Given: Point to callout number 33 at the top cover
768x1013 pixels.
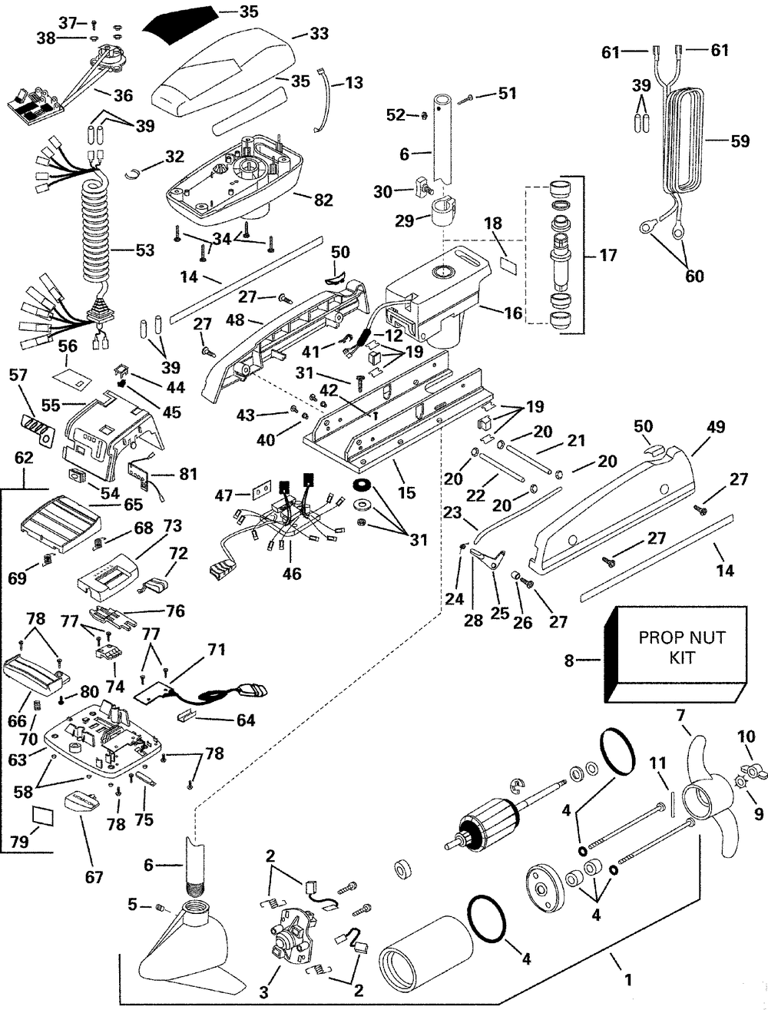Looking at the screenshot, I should coord(319,34).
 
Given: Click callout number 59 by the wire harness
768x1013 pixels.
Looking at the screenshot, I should coord(740,141).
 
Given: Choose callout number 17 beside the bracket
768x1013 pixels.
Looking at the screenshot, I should coord(607,254).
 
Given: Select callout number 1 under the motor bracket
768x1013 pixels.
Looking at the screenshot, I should coord(628,979).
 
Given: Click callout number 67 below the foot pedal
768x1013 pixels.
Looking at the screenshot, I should coord(94,876).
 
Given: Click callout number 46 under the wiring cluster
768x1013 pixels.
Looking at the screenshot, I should coord(292,574).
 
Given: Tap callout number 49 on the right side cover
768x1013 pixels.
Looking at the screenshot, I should coord(716,427).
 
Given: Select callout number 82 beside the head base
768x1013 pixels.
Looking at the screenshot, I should coord(323,200).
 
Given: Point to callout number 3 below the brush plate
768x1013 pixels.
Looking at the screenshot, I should coord(263,993).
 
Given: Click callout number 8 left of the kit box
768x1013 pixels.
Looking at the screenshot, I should coord(569,659).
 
